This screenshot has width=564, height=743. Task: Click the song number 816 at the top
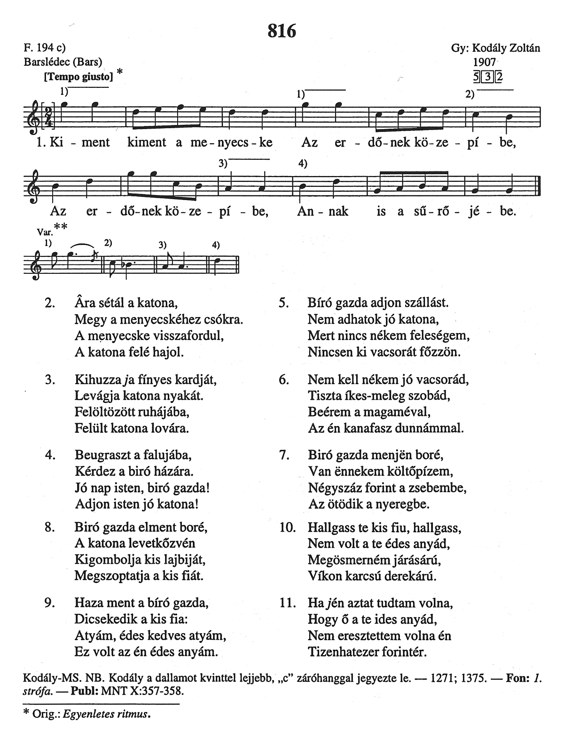(282, 31)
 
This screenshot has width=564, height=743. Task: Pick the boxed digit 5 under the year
(478, 76)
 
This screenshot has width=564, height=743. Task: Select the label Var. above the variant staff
(43, 232)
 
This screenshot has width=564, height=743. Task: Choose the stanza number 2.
(49, 303)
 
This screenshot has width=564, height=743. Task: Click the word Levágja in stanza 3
(94, 395)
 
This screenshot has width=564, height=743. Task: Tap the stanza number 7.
(283, 455)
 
